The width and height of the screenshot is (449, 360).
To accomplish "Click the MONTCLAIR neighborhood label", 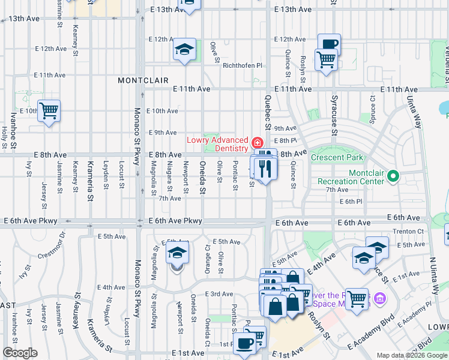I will coord(143,80).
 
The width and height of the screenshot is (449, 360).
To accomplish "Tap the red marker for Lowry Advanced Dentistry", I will coord(258,143).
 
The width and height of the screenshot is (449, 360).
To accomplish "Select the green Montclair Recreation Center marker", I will coord(393,176).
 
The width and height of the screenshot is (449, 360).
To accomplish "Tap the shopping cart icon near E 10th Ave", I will coord(48,110).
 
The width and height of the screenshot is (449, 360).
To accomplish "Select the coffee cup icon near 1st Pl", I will coord(244,344).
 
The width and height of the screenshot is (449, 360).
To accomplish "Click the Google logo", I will coord(20,353).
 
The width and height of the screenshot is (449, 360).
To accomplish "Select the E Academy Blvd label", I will coord(370,325).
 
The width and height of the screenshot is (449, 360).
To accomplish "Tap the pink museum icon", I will coord(379,298).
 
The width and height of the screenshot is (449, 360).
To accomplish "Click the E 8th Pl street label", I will coord(285,140).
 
